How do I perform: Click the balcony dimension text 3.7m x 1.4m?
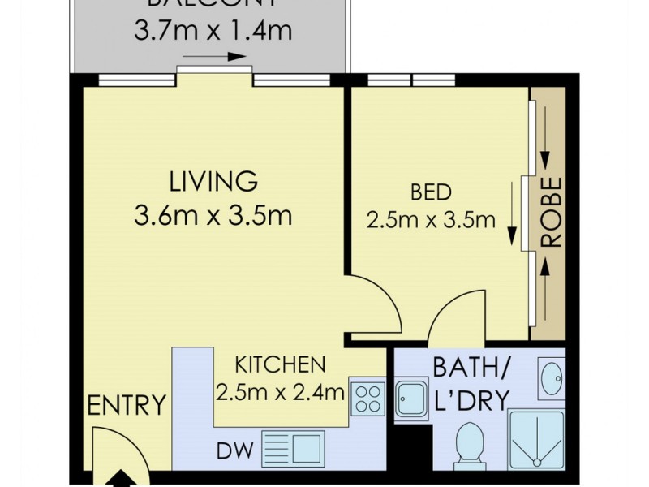point(212,32)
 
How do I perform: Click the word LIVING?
point(213,179)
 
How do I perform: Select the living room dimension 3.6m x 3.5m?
point(213,216)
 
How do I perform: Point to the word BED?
point(431,192)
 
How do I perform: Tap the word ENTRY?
point(126,403)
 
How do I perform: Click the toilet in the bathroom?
point(469,443)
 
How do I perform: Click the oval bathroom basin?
point(552,377)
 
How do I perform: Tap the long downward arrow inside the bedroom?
point(513,212)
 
